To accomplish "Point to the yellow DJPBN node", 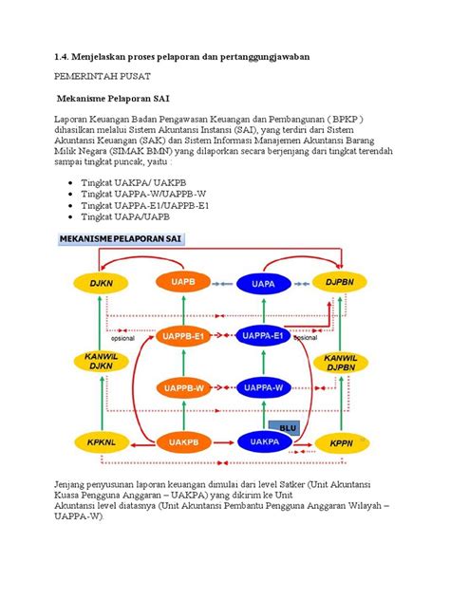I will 341,282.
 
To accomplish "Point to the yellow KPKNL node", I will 96,441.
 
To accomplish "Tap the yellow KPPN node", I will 341,441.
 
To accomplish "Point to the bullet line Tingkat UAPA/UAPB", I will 144,216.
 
